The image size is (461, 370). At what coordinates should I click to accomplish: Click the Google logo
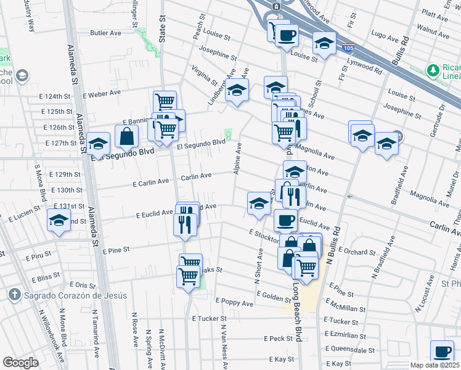(20, 362)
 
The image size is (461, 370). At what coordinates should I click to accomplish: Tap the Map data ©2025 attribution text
(434, 365)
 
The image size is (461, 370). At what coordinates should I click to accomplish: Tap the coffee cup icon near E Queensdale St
(441, 352)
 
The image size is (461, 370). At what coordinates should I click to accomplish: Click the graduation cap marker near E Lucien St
(58, 220)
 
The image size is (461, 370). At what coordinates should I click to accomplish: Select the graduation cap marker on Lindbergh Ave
(237, 91)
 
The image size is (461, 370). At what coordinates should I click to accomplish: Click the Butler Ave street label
(103, 33)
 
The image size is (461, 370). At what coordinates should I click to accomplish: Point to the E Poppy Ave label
(234, 303)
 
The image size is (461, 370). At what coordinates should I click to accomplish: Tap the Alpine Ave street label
(238, 158)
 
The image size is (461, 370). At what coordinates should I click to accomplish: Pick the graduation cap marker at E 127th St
(97, 144)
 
